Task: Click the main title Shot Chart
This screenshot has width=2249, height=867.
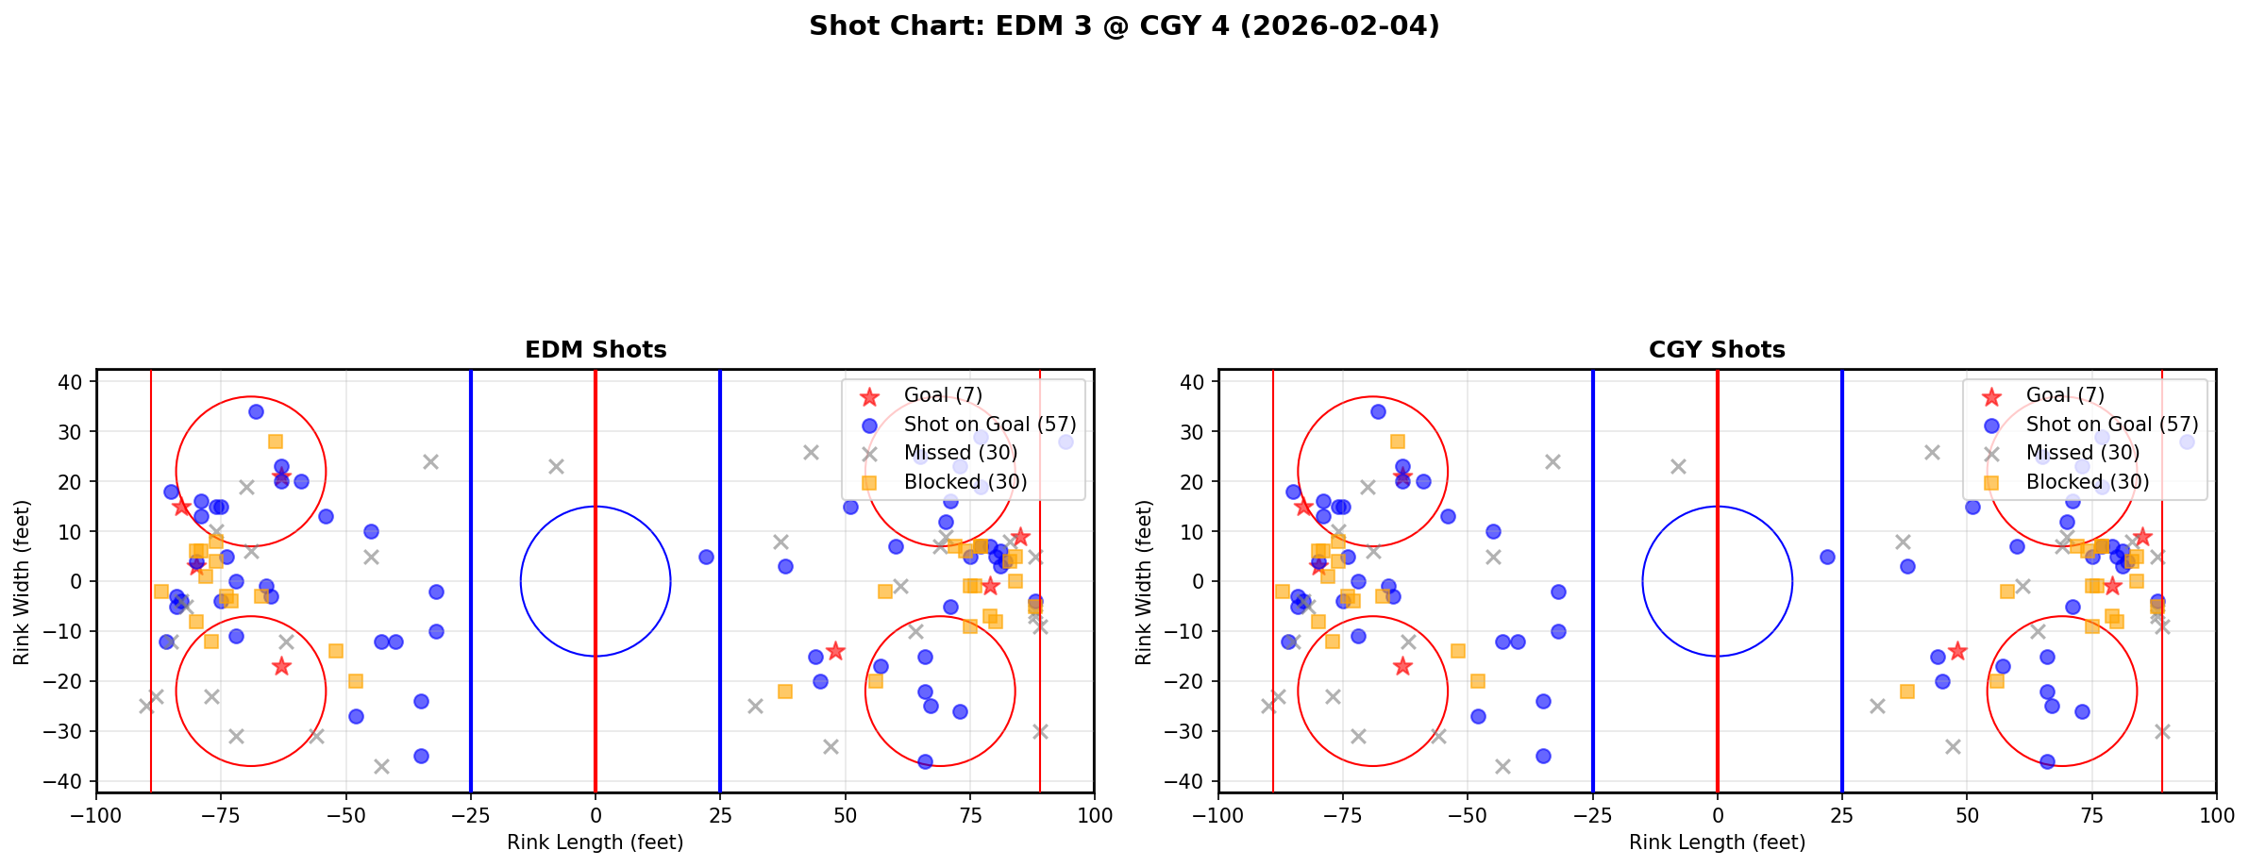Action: tap(1124, 26)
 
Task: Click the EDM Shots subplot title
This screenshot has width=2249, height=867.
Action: tap(596, 350)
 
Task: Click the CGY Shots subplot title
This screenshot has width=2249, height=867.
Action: tap(1717, 350)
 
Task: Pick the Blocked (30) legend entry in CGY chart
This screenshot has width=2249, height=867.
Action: tap(2087, 482)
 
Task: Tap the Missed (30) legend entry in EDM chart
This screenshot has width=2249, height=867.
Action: tap(960, 453)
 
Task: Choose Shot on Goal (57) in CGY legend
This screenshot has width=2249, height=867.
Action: tap(2111, 425)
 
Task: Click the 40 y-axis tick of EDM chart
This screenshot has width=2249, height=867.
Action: tap(76, 382)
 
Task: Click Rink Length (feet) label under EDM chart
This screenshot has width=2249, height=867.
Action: tap(596, 842)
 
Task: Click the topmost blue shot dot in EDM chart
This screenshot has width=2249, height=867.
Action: tap(256, 411)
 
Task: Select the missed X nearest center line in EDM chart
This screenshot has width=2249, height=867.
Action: tap(556, 466)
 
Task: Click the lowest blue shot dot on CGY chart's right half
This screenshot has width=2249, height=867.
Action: tap(2047, 761)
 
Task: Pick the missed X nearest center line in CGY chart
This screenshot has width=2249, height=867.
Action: tap(1678, 466)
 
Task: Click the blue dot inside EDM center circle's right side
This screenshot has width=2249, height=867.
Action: tap(706, 557)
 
